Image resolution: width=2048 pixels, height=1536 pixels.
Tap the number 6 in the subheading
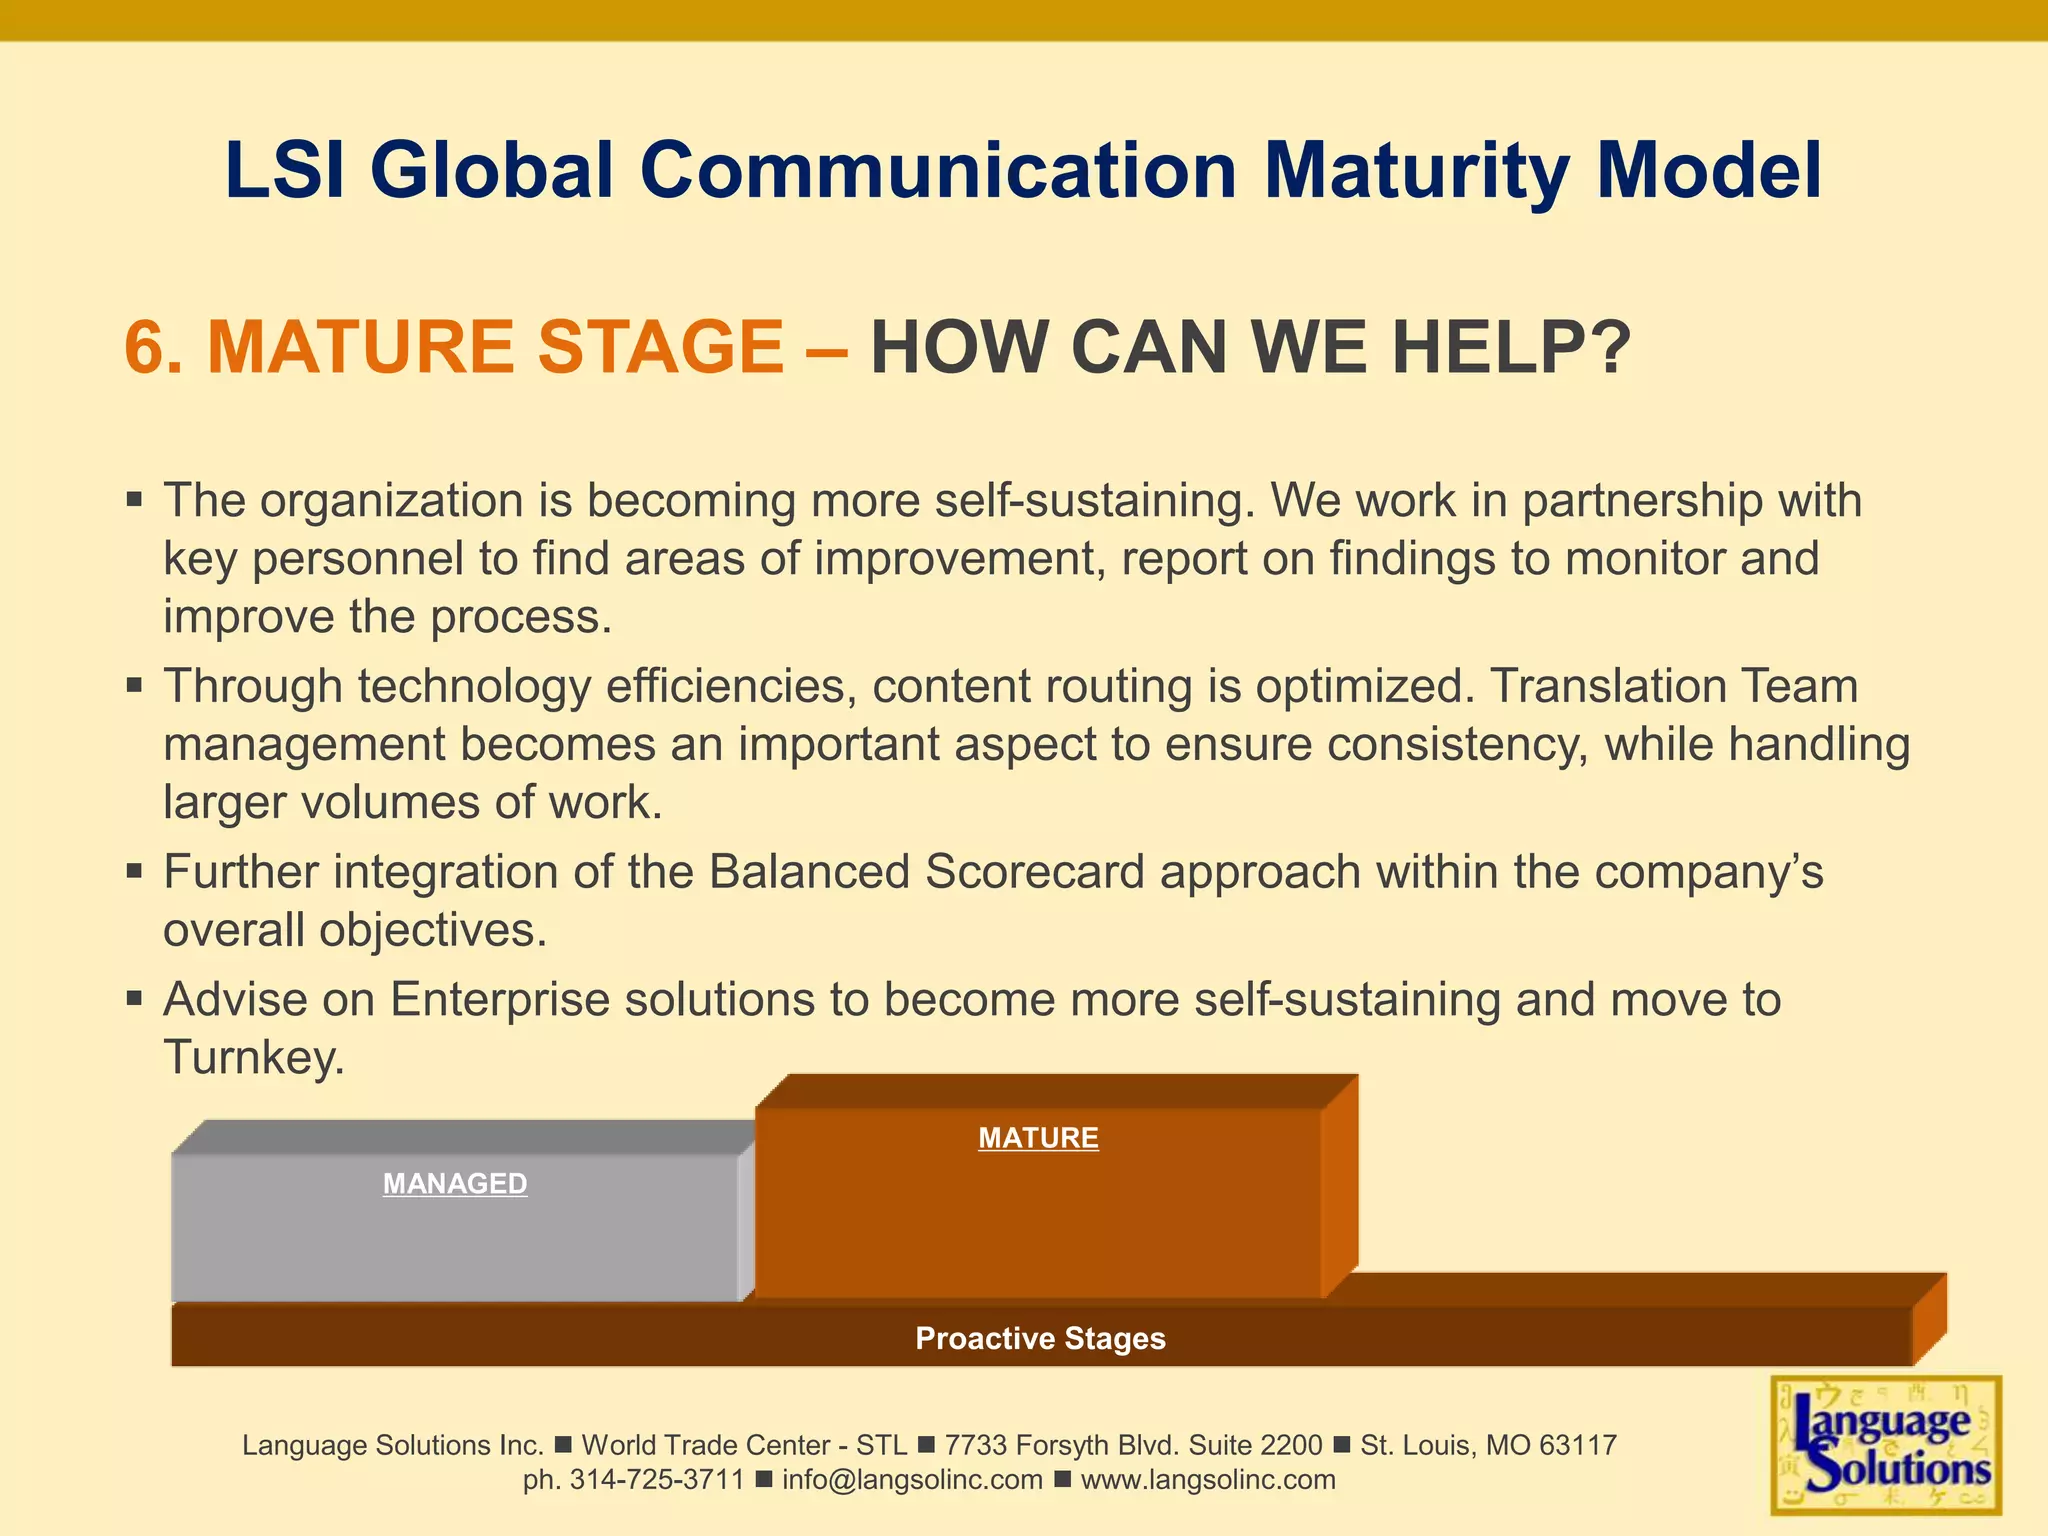tap(145, 347)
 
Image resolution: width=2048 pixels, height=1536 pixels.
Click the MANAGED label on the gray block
tap(455, 1184)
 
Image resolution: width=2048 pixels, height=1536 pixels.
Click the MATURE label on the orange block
tap(1038, 1138)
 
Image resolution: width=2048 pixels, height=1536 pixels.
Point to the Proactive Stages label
tap(1040, 1338)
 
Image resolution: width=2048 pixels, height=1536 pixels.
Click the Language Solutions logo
tap(1886, 1445)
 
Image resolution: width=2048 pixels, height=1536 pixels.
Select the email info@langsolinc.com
tap(912, 1480)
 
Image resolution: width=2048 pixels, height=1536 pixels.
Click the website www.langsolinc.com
tap(1208, 1480)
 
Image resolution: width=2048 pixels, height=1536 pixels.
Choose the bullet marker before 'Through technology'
tap(134, 686)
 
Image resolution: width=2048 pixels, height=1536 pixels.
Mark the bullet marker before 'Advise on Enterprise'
tap(134, 998)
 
